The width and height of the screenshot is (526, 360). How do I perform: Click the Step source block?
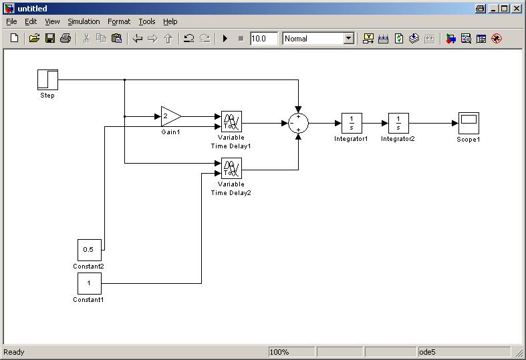pyautogui.click(x=47, y=79)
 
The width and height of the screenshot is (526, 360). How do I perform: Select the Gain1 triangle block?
pyautogui.click(x=170, y=116)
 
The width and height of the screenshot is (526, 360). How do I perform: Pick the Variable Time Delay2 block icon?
pyautogui.click(x=231, y=168)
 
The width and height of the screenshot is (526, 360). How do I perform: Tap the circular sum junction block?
pyautogui.click(x=298, y=123)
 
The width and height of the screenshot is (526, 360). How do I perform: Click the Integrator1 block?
pyautogui.click(x=351, y=123)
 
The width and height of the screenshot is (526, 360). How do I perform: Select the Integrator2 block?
pyautogui.click(x=398, y=123)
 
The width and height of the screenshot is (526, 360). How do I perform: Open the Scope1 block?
pyautogui.click(x=469, y=123)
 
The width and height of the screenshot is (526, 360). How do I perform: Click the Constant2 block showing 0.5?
pyautogui.click(x=89, y=250)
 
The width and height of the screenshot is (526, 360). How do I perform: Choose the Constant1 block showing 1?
pyautogui.click(x=89, y=283)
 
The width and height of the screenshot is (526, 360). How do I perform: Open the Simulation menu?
pyautogui.click(x=84, y=21)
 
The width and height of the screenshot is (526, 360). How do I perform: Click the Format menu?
pyautogui.click(x=119, y=21)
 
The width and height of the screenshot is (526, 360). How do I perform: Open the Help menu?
pyautogui.click(x=170, y=21)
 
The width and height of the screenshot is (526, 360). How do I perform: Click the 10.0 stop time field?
pyautogui.click(x=263, y=39)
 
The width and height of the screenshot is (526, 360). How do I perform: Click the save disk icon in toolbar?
pyautogui.click(x=50, y=39)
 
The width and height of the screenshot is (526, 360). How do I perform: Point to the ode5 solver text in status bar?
pyautogui.click(x=428, y=352)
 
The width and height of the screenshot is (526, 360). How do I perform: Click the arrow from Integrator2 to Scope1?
pyautogui.click(x=433, y=123)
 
